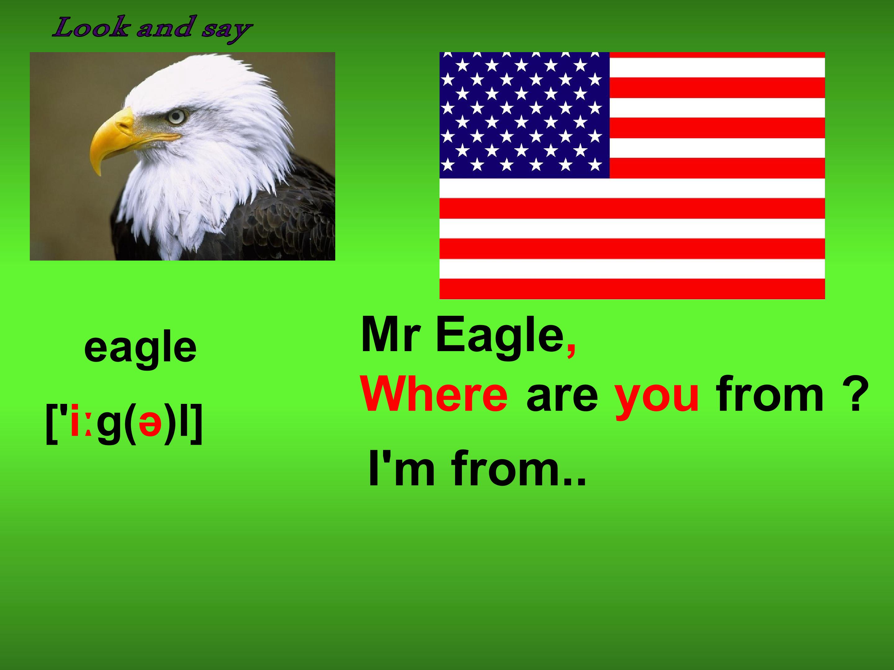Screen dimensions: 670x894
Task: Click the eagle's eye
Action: pos(177,117)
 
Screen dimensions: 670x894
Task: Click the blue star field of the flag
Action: pos(524,115)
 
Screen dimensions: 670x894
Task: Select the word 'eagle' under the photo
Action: pos(140,348)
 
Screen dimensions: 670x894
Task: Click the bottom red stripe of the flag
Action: pos(632,289)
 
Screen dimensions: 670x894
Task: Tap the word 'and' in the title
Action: pos(164,28)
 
